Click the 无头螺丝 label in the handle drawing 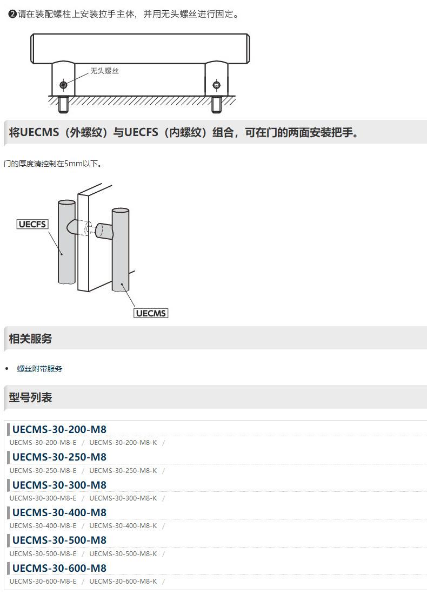click(104, 71)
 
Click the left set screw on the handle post click(63, 85)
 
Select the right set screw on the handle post click(217, 85)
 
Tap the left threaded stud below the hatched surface click(63, 104)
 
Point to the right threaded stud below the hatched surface click(217, 104)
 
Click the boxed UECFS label click(32, 224)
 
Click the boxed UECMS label click(151, 313)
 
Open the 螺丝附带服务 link click(39, 369)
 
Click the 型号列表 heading click(30, 397)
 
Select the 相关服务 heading click(30, 339)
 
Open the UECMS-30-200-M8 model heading click(59, 429)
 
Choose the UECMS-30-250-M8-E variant click(43, 470)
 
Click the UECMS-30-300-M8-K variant click(123, 498)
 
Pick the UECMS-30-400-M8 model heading click(59, 512)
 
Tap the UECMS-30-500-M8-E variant click(43, 553)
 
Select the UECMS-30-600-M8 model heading click(59, 568)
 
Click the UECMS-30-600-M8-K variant click(123, 582)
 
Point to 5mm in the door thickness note click(74, 164)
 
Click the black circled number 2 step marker click(12, 14)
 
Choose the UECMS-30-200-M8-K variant click(123, 442)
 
